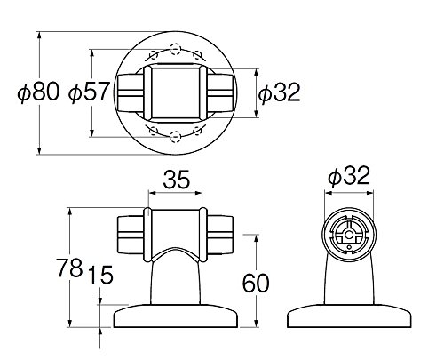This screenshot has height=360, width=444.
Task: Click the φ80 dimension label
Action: [38, 92]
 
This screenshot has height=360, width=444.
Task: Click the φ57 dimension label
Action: [89, 92]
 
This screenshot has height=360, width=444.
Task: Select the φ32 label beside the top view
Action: [279, 92]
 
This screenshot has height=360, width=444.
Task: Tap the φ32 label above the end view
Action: [349, 176]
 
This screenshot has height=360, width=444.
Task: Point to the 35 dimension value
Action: [176, 180]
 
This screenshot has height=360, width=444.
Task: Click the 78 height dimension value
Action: [69, 268]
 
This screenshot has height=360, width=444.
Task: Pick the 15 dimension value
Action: [101, 275]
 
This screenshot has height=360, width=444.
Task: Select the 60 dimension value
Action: [256, 283]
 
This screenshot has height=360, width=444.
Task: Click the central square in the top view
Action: [176, 92]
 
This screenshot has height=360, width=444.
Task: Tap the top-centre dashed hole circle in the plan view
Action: [175, 49]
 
